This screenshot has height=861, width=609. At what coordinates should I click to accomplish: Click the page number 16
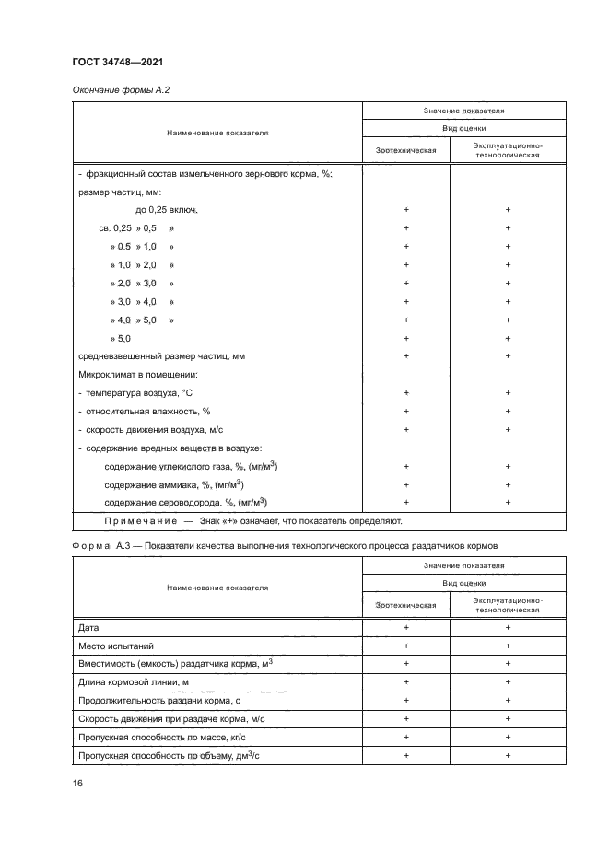coord(78,783)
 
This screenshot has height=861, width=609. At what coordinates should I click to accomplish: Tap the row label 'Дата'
coord(89,626)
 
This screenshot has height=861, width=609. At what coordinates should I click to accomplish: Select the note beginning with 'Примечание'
coord(253,520)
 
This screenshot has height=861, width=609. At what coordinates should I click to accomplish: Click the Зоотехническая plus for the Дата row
coord(405,626)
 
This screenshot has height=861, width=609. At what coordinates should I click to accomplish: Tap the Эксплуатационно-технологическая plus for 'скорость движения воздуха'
coord(507,429)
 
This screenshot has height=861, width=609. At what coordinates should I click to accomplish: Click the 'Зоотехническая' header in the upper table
coord(405,149)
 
